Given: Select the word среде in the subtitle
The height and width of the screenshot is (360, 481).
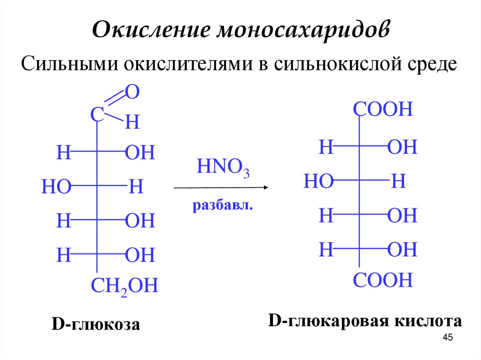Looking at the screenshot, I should pos(428,63).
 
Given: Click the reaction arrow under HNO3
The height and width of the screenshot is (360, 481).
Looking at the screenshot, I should pos(221,188).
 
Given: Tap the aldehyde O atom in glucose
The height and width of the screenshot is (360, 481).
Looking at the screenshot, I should pos(132,92).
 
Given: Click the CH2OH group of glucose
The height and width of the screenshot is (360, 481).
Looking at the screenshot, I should pos(124,286).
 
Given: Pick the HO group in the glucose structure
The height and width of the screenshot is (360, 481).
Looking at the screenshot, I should pos(56,187).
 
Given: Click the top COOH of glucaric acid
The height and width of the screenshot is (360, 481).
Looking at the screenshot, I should pos(383,110).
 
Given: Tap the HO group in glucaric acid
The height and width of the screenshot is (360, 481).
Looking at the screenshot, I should pos(318,181).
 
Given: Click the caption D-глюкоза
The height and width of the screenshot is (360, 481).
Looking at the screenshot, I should pos(95,324).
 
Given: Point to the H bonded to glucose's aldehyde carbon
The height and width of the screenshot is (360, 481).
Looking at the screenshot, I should pos(132,123).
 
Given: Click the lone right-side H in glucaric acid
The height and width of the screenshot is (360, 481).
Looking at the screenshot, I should pos(398,181).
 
